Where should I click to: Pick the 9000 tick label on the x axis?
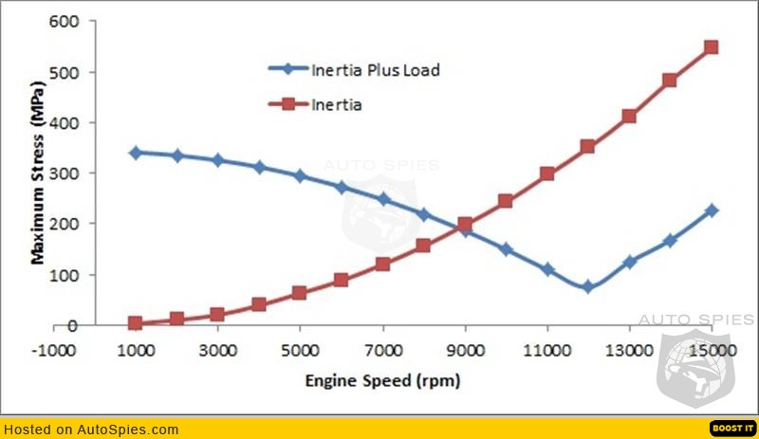pyautogui.click(x=465, y=349)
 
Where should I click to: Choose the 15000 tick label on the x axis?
pyautogui.click(x=712, y=349)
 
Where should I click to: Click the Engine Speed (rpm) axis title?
pyautogui.click(x=382, y=381)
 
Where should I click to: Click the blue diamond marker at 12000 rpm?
pyautogui.click(x=588, y=286)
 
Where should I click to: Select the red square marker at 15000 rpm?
pyautogui.click(x=712, y=47)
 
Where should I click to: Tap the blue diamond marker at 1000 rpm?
pyautogui.click(x=136, y=153)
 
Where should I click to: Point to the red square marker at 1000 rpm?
pyautogui.click(x=136, y=323)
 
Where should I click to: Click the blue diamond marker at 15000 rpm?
pyautogui.click(x=712, y=210)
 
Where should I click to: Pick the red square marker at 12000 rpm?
pyautogui.click(x=588, y=147)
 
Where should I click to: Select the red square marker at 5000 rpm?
pyautogui.click(x=300, y=293)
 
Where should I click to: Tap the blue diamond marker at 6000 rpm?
pyautogui.click(x=342, y=188)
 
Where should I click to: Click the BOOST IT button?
pyautogui.click(x=731, y=428)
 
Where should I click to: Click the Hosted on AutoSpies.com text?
pyautogui.click(x=91, y=430)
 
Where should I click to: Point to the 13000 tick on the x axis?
pyautogui.click(x=629, y=349)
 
